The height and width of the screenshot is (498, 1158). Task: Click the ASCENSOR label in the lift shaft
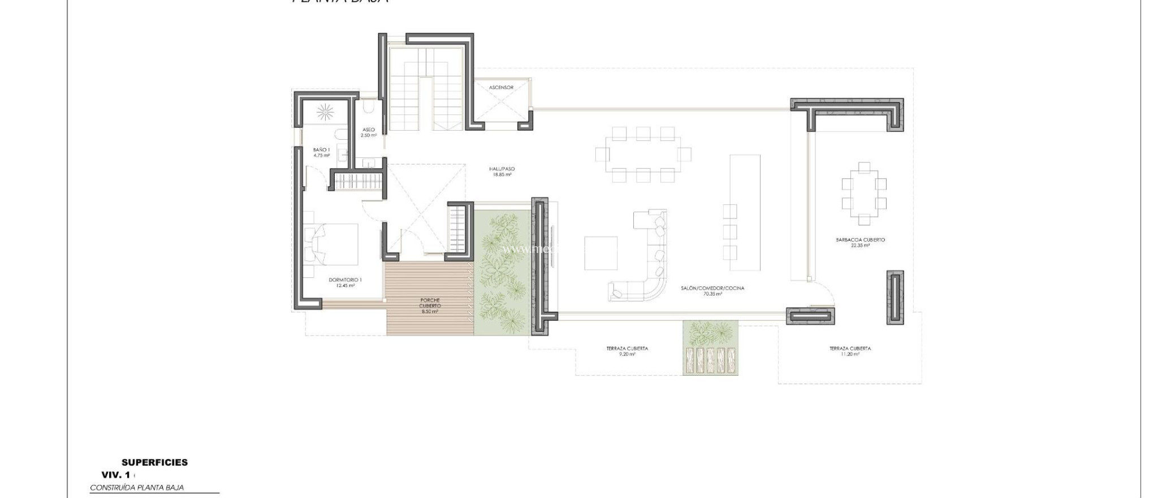point(501,88)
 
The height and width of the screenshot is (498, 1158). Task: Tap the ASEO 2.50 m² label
point(369,132)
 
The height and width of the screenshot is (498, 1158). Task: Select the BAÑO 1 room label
point(321,152)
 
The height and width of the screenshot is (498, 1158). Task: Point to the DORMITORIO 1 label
point(345,282)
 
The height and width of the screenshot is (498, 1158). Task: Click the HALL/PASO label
point(502,171)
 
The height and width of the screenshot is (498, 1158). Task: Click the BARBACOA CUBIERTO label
point(860,242)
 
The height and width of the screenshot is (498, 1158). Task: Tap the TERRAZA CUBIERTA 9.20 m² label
point(627,351)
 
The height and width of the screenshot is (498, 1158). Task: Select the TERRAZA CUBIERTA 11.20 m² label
point(850,351)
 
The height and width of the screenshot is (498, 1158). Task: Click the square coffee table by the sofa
point(601,253)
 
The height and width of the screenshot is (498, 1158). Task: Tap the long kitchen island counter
point(745,212)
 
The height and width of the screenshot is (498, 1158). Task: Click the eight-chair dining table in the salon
point(643,154)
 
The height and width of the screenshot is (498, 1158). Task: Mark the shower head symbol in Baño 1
point(326,112)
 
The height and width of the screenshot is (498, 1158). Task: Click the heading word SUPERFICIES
point(154,462)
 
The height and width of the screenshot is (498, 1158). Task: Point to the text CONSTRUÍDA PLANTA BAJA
point(137,487)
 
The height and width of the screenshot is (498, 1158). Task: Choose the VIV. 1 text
point(116,475)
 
